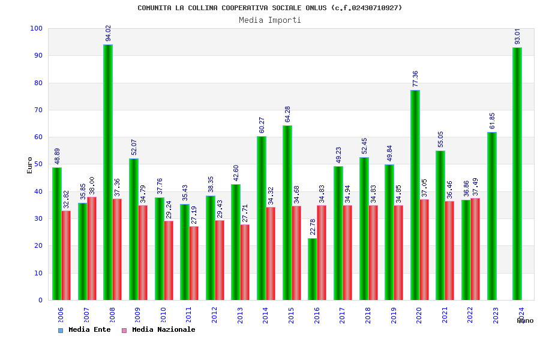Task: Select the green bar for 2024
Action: click(517, 174)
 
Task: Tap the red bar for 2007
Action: click(92, 248)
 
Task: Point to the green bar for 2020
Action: click(415, 195)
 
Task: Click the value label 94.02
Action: click(109, 33)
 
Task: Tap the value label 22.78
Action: click(313, 227)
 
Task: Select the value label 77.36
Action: click(415, 79)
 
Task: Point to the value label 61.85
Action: click(492, 121)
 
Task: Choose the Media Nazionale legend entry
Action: click(159, 329)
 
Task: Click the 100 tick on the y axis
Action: click(36, 29)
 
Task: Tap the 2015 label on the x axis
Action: click(291, 316)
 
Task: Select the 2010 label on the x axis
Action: click(163, 316)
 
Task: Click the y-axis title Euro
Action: click(30, 165)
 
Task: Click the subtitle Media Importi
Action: click(270, 20)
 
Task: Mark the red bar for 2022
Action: click(475, 249)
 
